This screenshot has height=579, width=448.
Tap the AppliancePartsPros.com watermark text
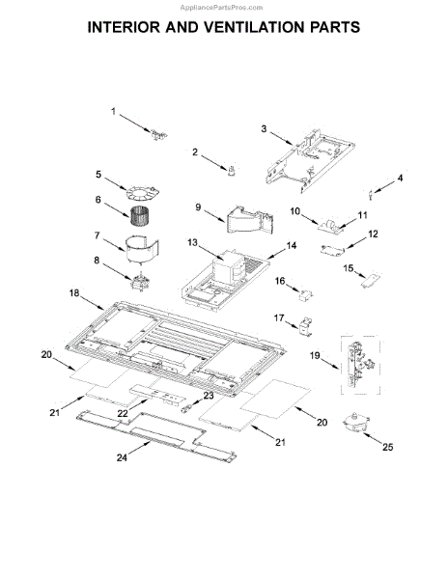point(223,6)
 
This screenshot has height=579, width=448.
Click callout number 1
point(112,112)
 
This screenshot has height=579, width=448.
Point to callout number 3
point(265,127)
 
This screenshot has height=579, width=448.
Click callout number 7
point(98,235)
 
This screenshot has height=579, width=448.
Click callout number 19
point(316,355)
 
